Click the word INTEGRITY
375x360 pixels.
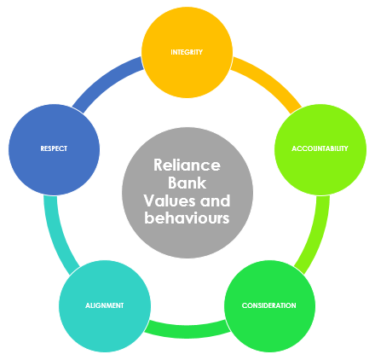point(187,52)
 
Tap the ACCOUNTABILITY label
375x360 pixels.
point(320,148)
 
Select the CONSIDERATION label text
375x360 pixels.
point(269,305)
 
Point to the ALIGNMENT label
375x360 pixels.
point(105,305)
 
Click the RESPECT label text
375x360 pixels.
point(54,148)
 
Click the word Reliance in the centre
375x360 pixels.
point(187,165)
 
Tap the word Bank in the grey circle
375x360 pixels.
point(187,183)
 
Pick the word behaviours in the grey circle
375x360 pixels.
point(187,218)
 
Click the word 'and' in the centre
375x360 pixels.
point(215,200)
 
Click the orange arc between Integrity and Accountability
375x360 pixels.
point(269,81)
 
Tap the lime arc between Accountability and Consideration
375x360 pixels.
point(317,235)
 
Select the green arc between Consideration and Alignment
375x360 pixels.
point(187,331)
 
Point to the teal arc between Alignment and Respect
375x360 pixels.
point(57,235)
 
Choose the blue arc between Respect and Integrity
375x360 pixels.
point(105,81)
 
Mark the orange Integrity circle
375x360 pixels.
point(187,52)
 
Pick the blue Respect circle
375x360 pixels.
point(54,149)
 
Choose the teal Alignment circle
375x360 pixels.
point(105,306)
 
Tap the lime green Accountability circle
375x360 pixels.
point(320,149)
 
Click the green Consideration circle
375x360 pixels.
point(269,306)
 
